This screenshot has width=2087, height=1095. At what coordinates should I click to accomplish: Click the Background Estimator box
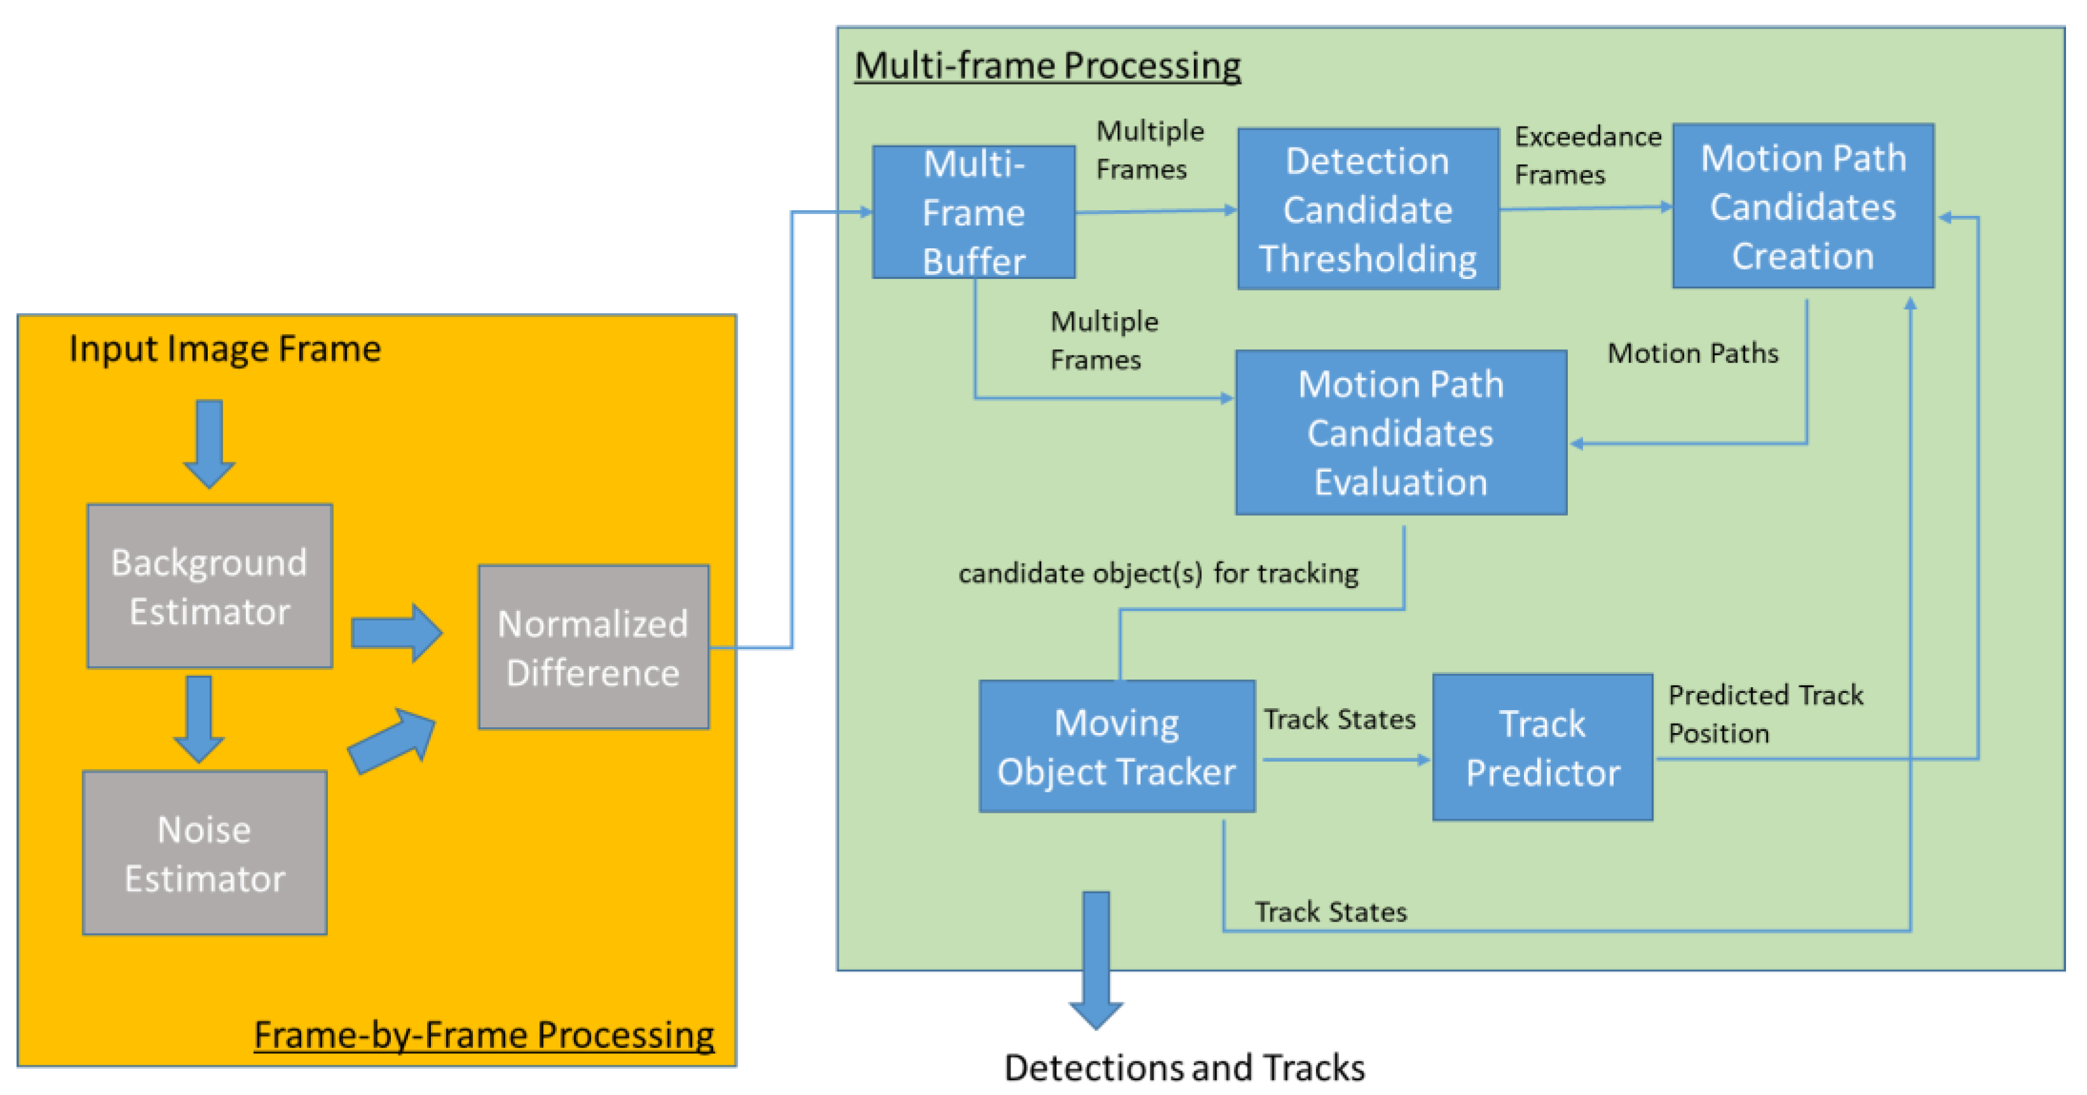(x=210, y=586)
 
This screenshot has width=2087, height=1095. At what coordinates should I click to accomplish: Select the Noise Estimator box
(x=205, y=853)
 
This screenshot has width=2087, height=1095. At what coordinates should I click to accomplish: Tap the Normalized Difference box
(x=593, y=647)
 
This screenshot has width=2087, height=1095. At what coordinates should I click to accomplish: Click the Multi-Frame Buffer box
(x=973, y=212)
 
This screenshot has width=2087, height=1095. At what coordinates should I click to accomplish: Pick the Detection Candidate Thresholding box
(x=1368, y=209)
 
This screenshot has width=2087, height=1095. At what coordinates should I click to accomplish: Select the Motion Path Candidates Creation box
(x=1803, y=206)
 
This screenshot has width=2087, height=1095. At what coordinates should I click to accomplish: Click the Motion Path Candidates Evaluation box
(x=1400, y=433)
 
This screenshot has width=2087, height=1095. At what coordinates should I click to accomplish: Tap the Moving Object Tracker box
(x=1117, y=746)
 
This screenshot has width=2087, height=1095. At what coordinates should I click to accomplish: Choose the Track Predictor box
(x=1542, y=747)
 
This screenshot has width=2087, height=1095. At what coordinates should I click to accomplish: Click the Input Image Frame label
(x=224, y=349)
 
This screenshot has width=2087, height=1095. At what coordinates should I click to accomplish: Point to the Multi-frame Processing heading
(x=1047, y=65)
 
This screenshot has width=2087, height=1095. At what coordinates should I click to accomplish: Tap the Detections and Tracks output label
(x=1184, y=1068)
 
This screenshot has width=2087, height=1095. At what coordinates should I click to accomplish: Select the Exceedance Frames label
(x=1586, y=155)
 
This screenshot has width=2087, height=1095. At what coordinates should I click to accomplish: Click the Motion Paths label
(x=1692, y=353)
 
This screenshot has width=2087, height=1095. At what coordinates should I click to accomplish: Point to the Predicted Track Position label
(x=1765, y=713)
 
